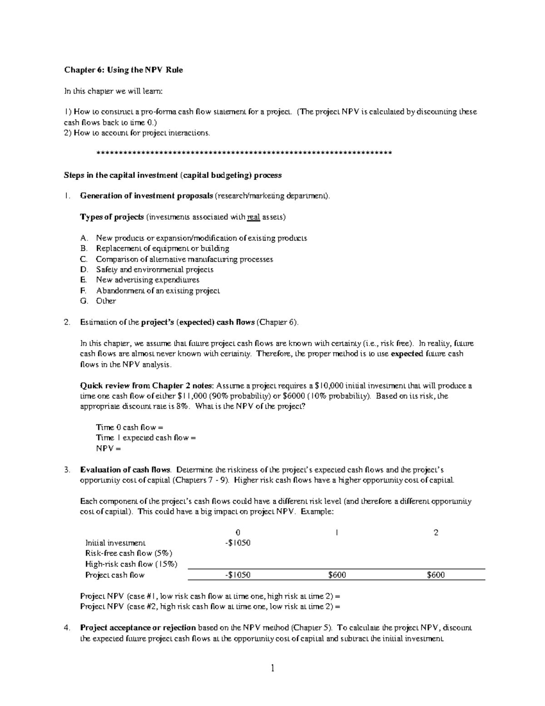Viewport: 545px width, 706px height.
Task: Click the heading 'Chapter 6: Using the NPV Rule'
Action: click(123, 70)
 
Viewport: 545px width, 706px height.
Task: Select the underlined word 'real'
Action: click(253, 217)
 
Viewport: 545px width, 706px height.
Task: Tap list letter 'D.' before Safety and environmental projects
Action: click(83, 270)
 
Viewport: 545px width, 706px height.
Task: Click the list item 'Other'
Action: click(106, 301)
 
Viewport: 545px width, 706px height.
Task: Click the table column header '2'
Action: click(436, 533)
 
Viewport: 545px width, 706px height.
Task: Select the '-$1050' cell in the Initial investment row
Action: click(238, 543)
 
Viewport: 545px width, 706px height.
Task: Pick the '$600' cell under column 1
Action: click(337, 575)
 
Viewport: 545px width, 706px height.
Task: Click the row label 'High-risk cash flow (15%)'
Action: click(131, 564)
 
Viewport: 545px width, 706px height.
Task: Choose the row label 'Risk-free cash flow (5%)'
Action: click(129, 553)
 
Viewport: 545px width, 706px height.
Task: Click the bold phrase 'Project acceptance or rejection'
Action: click(138, 628)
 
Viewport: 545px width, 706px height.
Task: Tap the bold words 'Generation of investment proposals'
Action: click(146, 196)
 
